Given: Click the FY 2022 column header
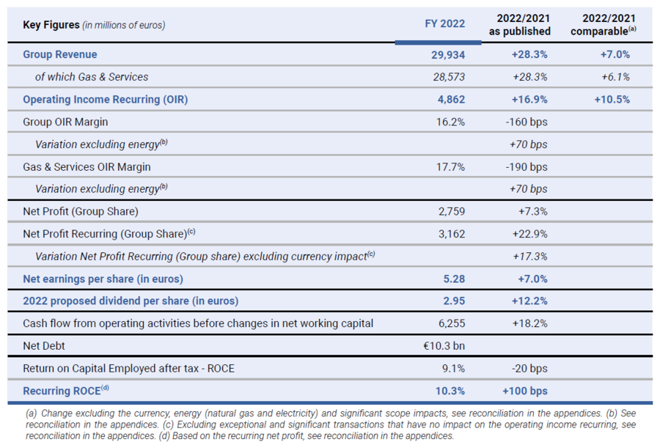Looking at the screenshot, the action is click(444, 23).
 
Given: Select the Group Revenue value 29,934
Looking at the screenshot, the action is click(448, 55).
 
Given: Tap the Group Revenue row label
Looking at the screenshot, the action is click(60, 54).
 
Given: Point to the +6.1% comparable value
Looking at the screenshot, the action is click(615, 77).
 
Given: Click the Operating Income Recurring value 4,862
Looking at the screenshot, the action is click(451, 99).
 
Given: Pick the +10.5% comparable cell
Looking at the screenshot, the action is click(612, 99).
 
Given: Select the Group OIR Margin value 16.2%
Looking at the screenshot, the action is click(450, 122).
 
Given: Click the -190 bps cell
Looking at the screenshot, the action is click(527, 167).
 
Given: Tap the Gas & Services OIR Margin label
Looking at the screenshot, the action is click(87, 167).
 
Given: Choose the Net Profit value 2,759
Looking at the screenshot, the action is click(452, 211).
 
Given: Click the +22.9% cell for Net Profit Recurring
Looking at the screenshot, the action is click(529, 234).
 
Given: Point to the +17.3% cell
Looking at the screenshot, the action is click(530, 257).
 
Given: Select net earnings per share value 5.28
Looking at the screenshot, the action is click(454, 279).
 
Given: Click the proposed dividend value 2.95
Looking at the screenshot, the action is click(454, 301).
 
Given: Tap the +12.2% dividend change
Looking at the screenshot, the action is click(529, 301).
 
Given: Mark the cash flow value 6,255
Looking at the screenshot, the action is click(452, 323).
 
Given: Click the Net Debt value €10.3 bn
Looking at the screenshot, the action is click(444, 346).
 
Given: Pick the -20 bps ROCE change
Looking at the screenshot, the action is click(529, 369).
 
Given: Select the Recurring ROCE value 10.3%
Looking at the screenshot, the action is click(450, 391).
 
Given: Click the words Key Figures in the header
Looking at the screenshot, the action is click(51, 25).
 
